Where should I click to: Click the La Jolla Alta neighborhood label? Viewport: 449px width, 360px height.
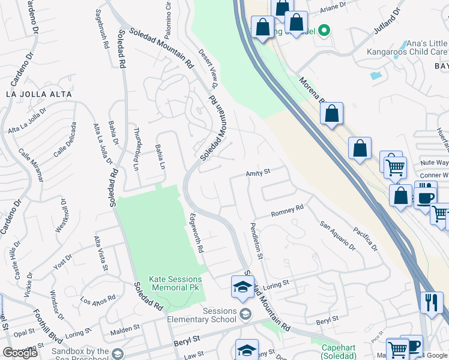(x=38, y=94)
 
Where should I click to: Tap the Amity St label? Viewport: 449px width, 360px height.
(x=258, y=172)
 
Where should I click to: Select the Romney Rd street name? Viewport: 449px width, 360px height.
(x=287, y=210)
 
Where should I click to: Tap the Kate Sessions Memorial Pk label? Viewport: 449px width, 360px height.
(x=175, y=283)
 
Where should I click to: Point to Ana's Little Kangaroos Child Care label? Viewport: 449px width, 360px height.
(x=408, y=47)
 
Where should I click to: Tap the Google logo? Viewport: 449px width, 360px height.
(x=20, y=353)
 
